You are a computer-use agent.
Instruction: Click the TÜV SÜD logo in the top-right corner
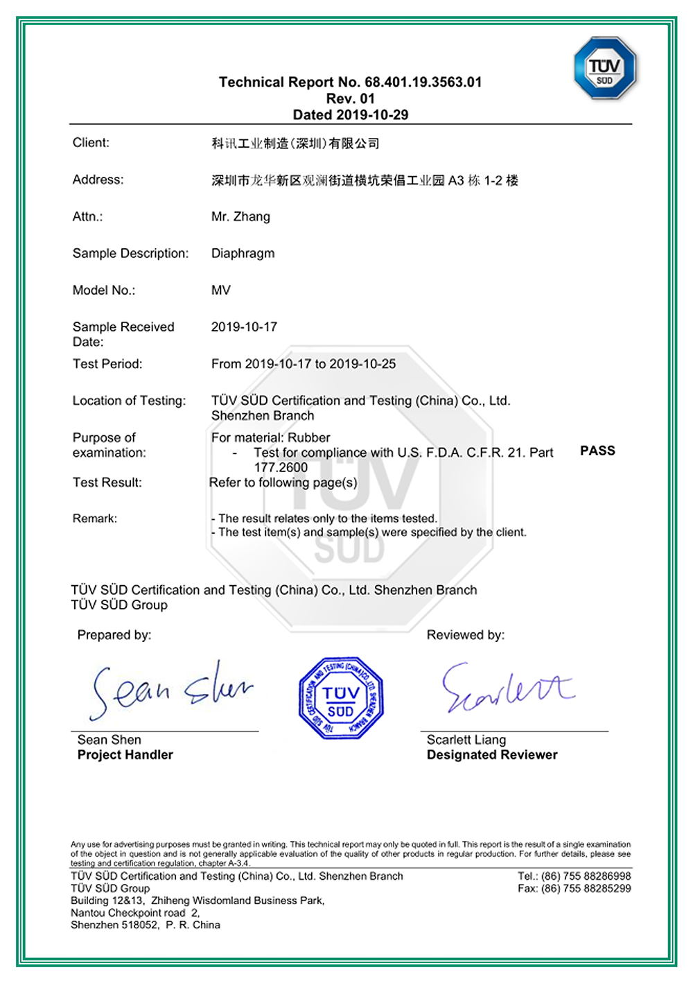tap(604, 69)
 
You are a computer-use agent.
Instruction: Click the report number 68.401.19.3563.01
tap(423, 82)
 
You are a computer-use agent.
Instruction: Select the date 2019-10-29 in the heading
tap(372, 115)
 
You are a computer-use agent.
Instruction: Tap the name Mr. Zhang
tap(240, 217)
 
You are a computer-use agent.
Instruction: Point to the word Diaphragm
tap(243, 254)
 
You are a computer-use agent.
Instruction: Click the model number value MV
tap(220, 290)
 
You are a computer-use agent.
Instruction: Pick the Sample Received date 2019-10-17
tap(244, 327)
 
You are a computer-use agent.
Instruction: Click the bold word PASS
tap(597, 451)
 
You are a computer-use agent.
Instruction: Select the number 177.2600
tap(281, 468)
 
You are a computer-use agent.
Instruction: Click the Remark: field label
tap(95, 519)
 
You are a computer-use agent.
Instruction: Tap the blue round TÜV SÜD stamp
tap(340, 698)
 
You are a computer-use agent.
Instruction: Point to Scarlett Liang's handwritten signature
tap(507, 688)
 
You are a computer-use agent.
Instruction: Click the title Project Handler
tap(125, 755)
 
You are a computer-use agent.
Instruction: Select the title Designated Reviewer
tap(492, 755)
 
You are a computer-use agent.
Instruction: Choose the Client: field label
tap(91, 143)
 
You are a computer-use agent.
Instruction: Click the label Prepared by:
tap(114, 635)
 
